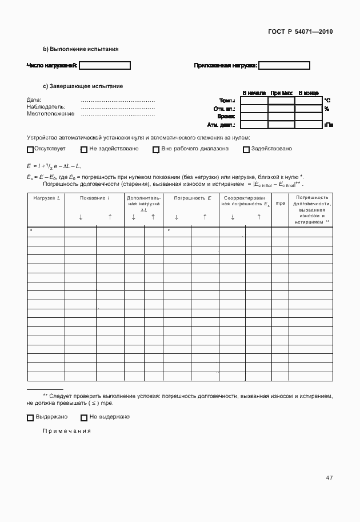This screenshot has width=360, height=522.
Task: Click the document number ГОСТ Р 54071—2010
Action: coord(299,31)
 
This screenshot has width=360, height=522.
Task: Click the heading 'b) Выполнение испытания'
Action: coord(81,49)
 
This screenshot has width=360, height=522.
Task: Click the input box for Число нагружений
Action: coord(105,66)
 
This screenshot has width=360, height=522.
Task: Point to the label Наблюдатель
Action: coord(46,106)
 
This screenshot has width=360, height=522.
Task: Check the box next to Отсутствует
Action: coord(30,150)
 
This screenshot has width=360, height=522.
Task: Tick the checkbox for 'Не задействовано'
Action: coord(84,150)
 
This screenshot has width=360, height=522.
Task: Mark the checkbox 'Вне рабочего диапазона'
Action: coord(155,150)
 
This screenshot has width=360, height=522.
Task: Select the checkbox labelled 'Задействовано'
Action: coord(246,150)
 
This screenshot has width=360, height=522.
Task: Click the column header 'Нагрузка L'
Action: coord(46,198)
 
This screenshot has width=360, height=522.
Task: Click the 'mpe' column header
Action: coord(280,204)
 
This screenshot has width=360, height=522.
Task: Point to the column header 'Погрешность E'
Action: coord(193,198)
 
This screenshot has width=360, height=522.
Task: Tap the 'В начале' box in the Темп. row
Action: coord(254,101)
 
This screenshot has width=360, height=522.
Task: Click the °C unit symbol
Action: coord(327,101)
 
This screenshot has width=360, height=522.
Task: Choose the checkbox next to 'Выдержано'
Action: coord(30,417)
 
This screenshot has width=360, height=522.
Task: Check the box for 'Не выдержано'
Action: coord(84,417)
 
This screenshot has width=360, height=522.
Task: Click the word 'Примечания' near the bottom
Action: coord(67,431)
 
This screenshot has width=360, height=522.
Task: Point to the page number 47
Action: coord(329,477)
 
